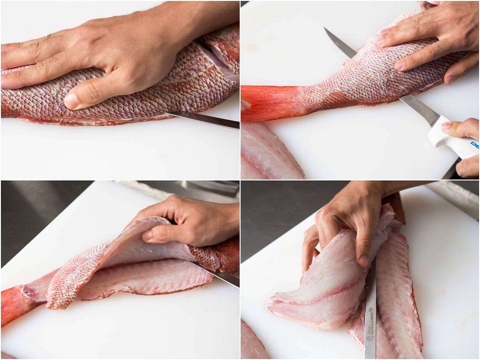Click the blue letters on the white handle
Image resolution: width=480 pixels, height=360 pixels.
(474, 145)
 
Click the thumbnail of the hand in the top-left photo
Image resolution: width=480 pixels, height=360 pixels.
(71, 101)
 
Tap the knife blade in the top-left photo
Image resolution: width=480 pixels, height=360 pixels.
(206, 119)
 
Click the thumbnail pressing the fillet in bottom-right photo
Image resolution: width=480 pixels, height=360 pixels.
(363, 261)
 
